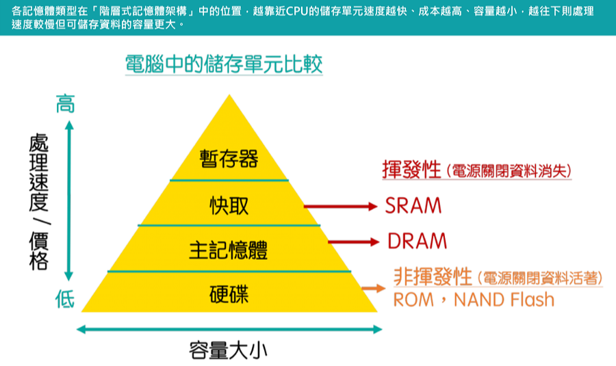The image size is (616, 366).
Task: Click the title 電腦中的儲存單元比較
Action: (223, 64)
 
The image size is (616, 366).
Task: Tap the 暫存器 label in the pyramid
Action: (229, 159)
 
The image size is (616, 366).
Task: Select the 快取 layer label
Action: (229, 205)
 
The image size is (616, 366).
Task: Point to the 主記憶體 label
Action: (229, 250)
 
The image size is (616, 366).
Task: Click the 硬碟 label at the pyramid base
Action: (229, 295)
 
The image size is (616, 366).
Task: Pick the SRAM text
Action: (413, 205)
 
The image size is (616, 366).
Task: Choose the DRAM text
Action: (417, 241)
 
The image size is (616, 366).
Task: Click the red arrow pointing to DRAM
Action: (353, 241)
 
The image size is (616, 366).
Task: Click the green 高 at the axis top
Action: (65, 105)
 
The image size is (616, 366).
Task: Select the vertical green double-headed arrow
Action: (68, 202)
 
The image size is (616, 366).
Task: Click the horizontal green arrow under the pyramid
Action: (229, 330)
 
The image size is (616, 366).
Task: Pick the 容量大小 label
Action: (228, 351)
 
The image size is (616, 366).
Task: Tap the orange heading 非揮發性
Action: (433, 276)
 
